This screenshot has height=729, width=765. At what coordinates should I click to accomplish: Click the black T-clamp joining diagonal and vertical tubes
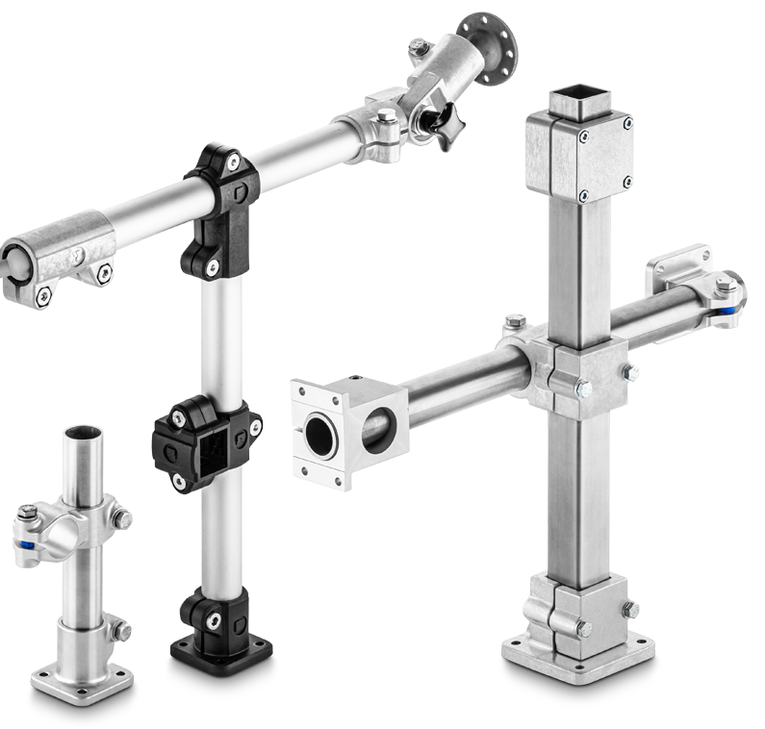click(219, 207)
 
